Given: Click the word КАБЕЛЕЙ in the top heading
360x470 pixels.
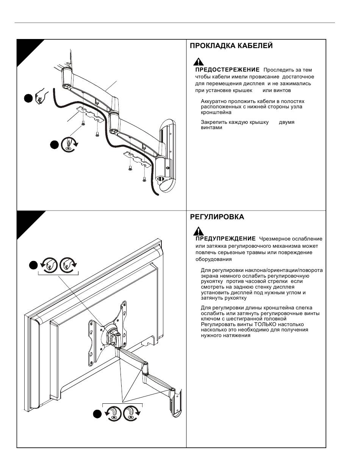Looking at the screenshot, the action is point(255,46).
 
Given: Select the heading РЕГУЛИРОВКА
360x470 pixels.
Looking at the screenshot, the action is point(217,217).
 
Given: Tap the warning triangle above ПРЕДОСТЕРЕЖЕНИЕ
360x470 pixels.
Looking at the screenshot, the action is point(199,62).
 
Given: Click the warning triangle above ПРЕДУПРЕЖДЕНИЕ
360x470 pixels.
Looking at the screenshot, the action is point(199,231).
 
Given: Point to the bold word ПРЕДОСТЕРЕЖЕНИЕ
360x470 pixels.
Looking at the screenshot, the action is point(227,70).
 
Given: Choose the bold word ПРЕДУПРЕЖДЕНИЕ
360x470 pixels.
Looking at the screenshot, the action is point(225,239).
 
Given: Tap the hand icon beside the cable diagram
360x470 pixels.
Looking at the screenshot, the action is point(42,97).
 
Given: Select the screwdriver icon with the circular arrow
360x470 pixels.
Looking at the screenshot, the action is point(69,144).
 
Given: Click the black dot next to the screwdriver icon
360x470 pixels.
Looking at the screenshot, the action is point(54,145).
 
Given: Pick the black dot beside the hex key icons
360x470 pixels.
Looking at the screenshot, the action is point(97,414).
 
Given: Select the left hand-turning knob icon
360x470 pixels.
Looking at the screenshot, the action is point(49,265).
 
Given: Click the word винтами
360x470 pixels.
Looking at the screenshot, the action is point(211,128).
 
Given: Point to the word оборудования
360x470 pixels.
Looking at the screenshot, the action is point(213,259).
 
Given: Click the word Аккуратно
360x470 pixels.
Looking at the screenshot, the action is point(214,101).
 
